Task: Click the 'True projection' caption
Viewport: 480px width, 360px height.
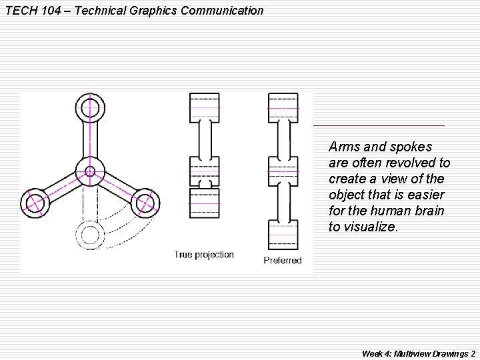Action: (204, 255)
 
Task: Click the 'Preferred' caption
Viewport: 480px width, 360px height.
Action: (283, 260)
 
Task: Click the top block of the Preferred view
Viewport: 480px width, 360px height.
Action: (283, 108)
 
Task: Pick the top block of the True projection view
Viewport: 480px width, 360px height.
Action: (205, 108)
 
